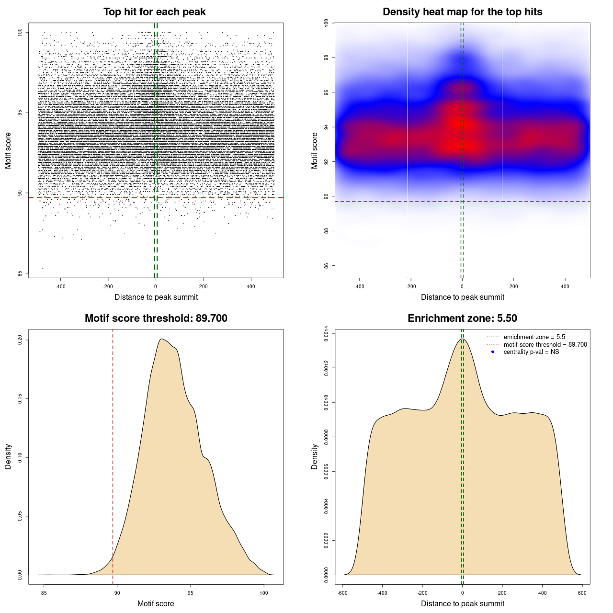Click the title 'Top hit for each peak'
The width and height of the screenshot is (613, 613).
(154, 12)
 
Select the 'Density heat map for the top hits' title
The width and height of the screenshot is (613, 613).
(462, 12)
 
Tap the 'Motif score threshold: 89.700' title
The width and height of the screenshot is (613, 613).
(156, 318)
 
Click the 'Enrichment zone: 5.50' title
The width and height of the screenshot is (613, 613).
(462, 318)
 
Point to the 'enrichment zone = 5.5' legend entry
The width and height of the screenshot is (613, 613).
(534, 337)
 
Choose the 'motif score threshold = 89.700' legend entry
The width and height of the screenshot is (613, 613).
(545, 344)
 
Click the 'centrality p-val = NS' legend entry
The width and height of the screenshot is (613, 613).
(531, 352)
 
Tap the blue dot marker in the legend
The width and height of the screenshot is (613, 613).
(493, 352)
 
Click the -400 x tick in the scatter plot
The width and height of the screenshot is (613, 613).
(60, 287)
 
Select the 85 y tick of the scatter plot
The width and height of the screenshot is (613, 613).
(20, 273)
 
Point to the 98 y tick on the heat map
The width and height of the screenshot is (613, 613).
(326, 57)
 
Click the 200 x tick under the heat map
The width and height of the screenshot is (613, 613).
(513, 287)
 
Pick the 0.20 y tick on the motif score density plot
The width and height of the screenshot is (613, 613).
(20, 340)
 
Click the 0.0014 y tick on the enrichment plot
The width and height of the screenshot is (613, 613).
(326, 333)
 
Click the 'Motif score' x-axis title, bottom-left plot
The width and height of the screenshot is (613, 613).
(156, 603)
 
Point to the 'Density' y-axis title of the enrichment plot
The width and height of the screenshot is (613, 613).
(315, 456)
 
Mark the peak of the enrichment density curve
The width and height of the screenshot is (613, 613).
(462, 339)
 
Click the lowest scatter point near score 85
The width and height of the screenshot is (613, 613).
(43, 268)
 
